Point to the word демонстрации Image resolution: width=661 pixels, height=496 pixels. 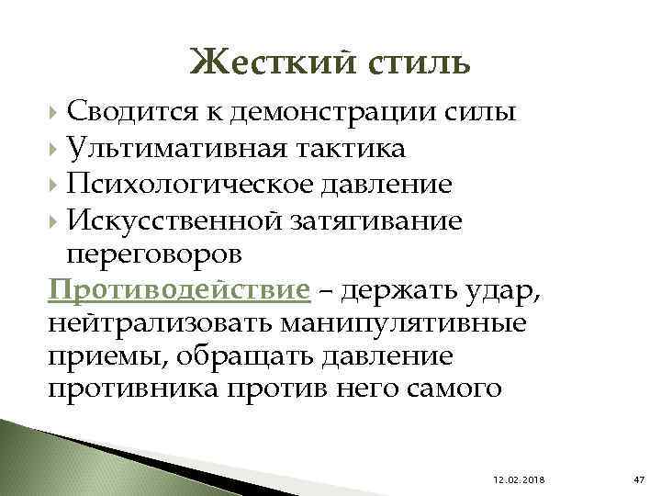[321, 113]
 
